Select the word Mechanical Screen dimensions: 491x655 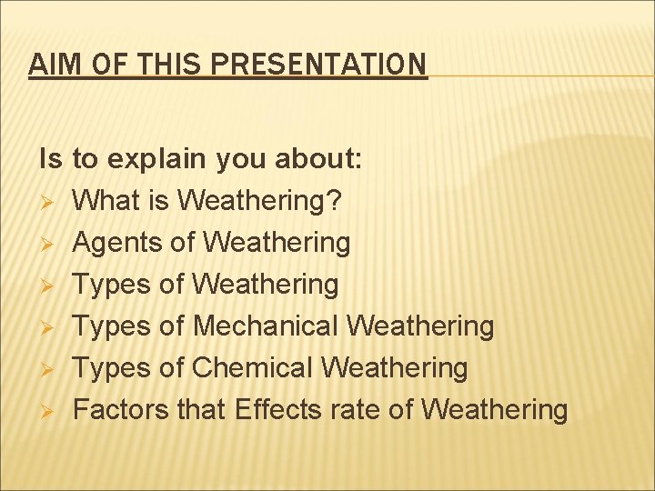[267, 326]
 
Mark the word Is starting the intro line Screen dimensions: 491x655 [50, 159]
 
